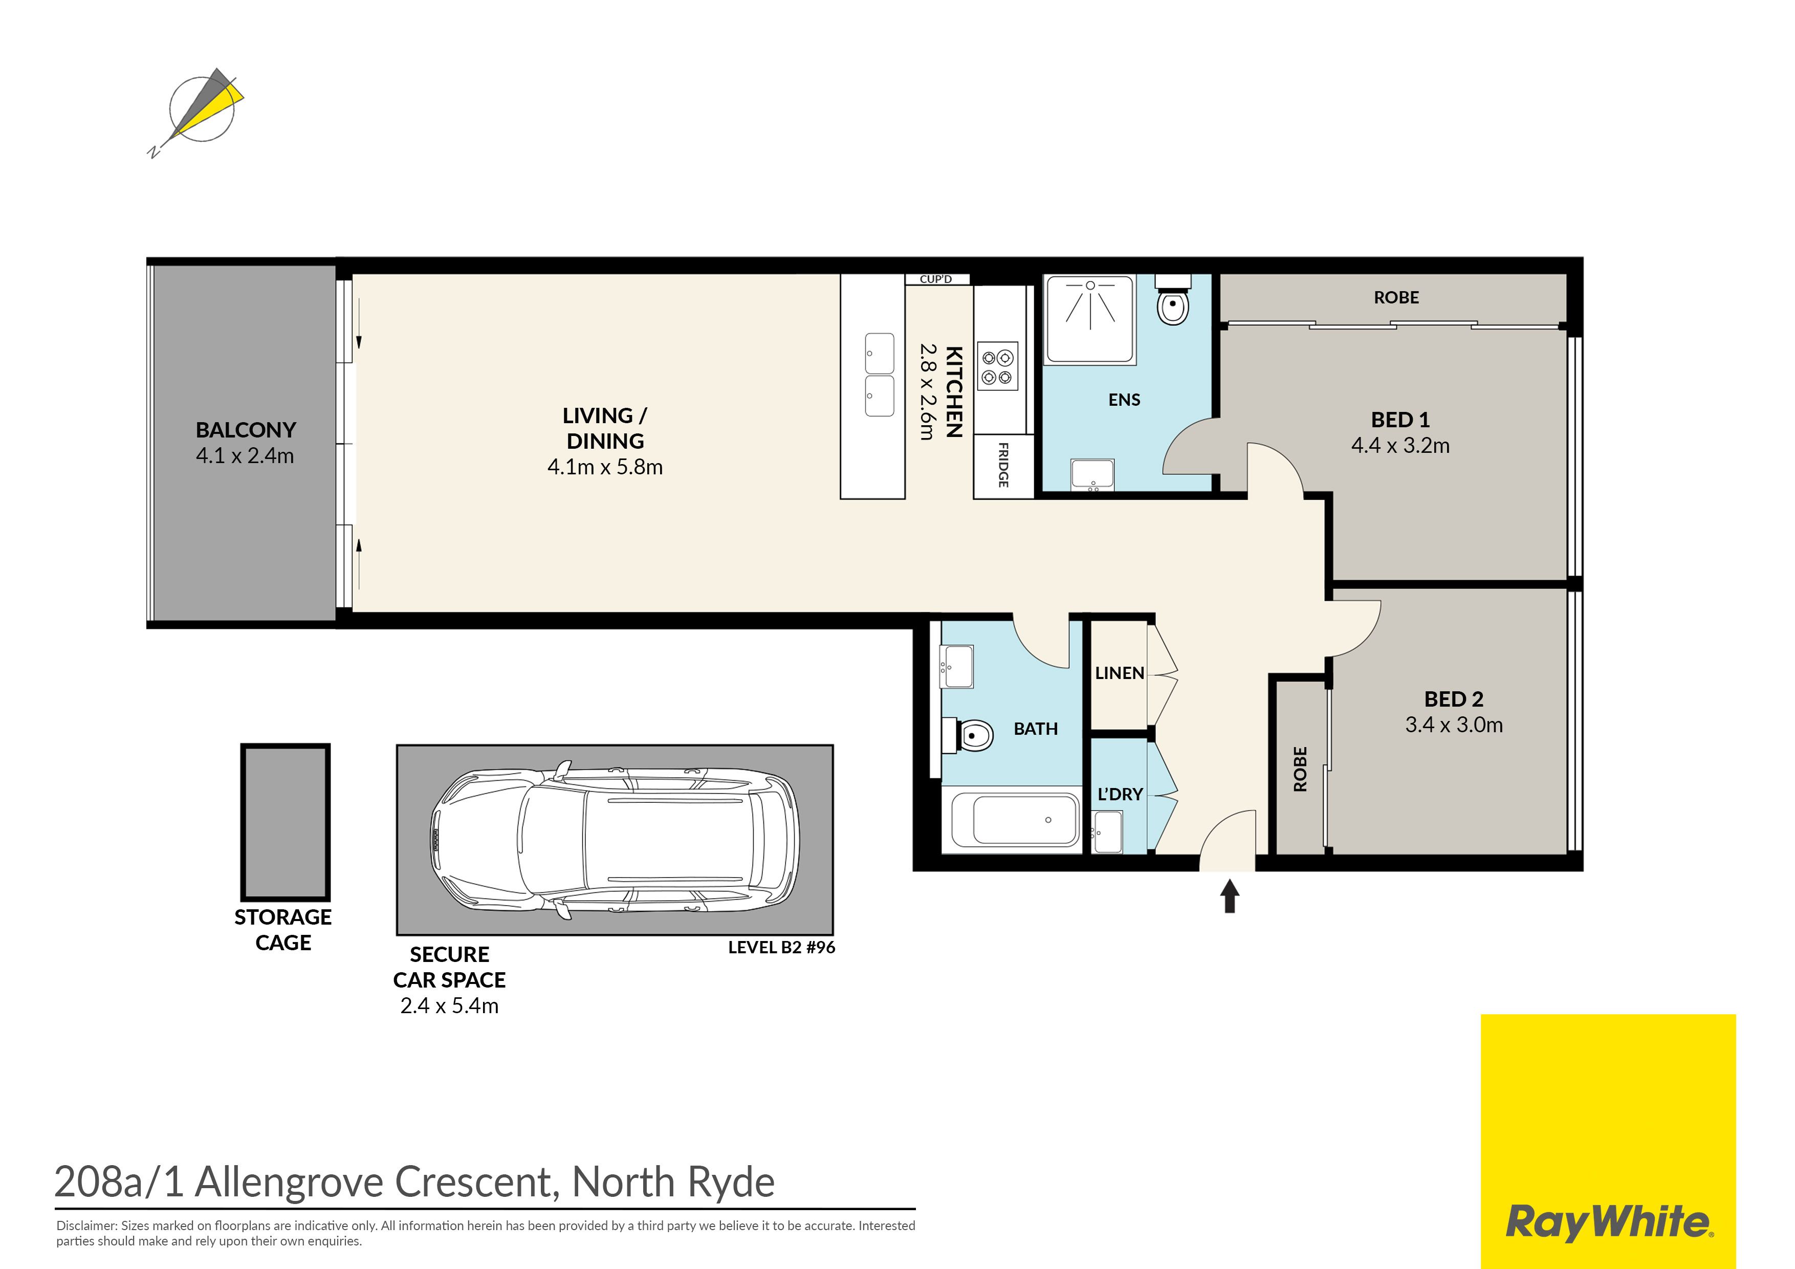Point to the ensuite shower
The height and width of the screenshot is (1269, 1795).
(1090, 319)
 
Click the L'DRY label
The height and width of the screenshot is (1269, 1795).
(1120, 794)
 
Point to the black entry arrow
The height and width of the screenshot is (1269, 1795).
(1230, 896)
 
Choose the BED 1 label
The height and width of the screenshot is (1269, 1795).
(1400, 420)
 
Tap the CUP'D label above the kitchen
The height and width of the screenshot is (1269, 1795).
(936, 279)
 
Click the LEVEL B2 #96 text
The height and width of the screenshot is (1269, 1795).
(782, 948)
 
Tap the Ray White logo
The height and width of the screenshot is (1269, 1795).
(1608, 1142)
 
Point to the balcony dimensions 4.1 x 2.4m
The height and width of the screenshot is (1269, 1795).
(245, 456)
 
